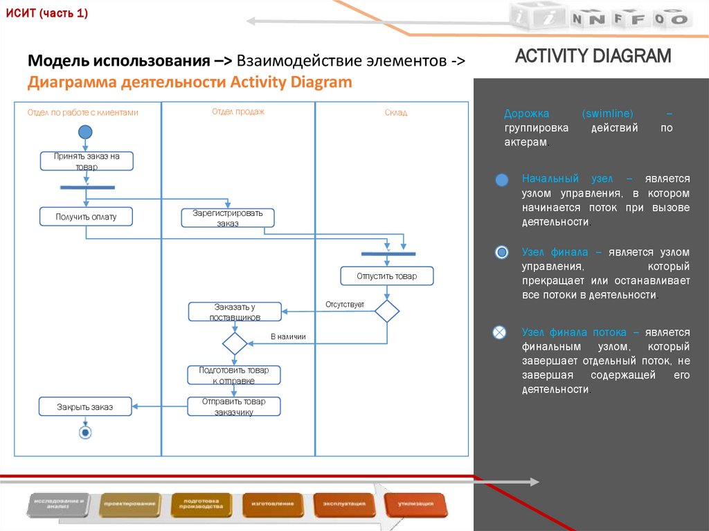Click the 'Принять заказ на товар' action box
[x=87, y=161]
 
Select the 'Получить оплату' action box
[x=86, y=217]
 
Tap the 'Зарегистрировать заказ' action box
[x=228, y=217]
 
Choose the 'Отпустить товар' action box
[x=387, y=276]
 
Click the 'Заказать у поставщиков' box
[x=235, y=312]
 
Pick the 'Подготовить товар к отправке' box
[x=234, y=375]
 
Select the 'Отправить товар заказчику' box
[x=234, y=406]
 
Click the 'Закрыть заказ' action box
[x=85, y=407]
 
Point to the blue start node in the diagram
[x=85, y=132]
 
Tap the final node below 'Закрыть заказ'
[x=85, y=433]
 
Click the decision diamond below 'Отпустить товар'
[x=387, y=311]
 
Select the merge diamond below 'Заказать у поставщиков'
[x=234, y=343]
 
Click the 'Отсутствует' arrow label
[x=345, y=304]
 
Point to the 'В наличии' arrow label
[x=288, y=336]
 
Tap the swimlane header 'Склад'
[x=396, y=112]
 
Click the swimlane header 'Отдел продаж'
[x=238, y=111]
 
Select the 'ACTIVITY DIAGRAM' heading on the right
[x=593, y=56]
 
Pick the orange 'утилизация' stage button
[x=415, y=504]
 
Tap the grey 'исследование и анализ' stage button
[x=60, y=504]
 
